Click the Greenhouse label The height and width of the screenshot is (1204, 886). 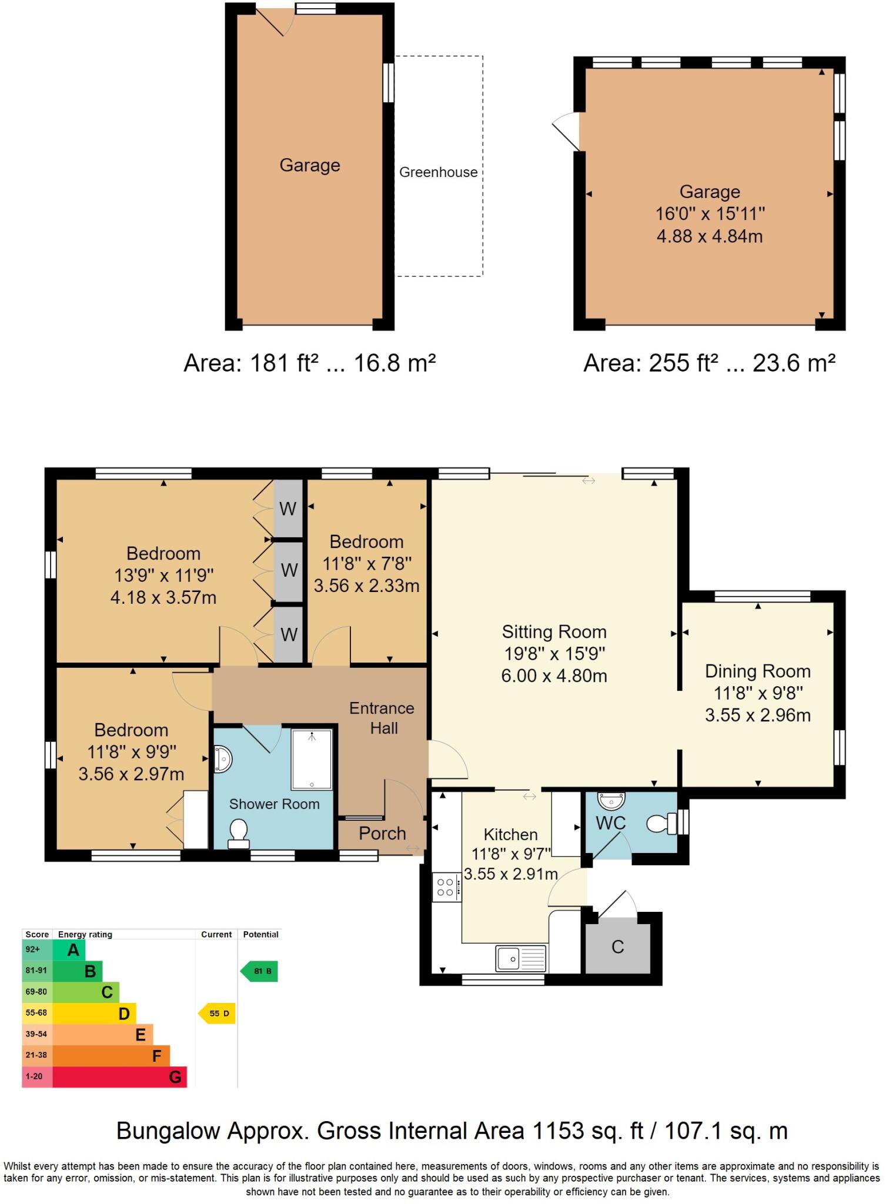(x=438, y=172)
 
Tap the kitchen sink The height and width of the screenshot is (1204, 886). (x=521, y=958)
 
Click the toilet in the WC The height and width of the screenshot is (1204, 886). (x=663, y=823)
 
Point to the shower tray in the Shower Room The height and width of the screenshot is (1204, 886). (x=312, y=759)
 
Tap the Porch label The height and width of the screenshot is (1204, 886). (x=382, y=833)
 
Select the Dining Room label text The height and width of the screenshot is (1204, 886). (x=757, y=671)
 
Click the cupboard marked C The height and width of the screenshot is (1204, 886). (x=617, y=947)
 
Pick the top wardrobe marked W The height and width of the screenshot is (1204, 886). (x=288, y=509)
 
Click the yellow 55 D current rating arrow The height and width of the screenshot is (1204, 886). (x=218, y=1014)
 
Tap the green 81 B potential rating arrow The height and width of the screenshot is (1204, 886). (x=260, y=971)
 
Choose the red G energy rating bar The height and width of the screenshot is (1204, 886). (x=120, y=1077)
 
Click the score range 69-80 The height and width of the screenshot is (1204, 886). (x=36, y=992)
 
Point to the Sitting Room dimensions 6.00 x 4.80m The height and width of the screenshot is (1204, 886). (x=554, y=675)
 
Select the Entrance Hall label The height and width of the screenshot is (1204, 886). (x=382, y=718)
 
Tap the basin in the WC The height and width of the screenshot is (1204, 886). (x=611, y=800)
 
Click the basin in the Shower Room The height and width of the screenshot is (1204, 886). (x=223, y=759)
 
